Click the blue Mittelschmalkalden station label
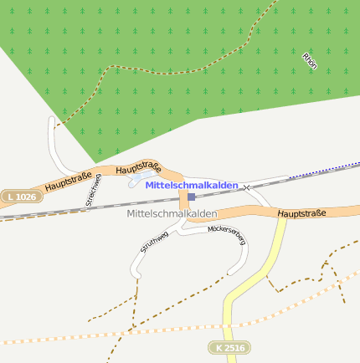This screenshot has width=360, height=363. (191, 185)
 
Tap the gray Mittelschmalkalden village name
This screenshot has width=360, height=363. (172, 214)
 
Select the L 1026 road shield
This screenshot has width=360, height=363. (20, 197)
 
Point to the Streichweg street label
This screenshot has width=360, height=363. (93, 189)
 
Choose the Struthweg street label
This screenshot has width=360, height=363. (154, 243)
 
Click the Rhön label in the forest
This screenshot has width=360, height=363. (310, 61)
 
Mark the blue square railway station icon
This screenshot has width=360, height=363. (191, 197)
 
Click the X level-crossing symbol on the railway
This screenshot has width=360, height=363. (246, 187)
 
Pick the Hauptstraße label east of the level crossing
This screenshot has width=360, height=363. (301, 214)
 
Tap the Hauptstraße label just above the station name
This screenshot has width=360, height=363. (138, 170)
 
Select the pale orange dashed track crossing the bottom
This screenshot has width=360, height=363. (167, 330)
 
